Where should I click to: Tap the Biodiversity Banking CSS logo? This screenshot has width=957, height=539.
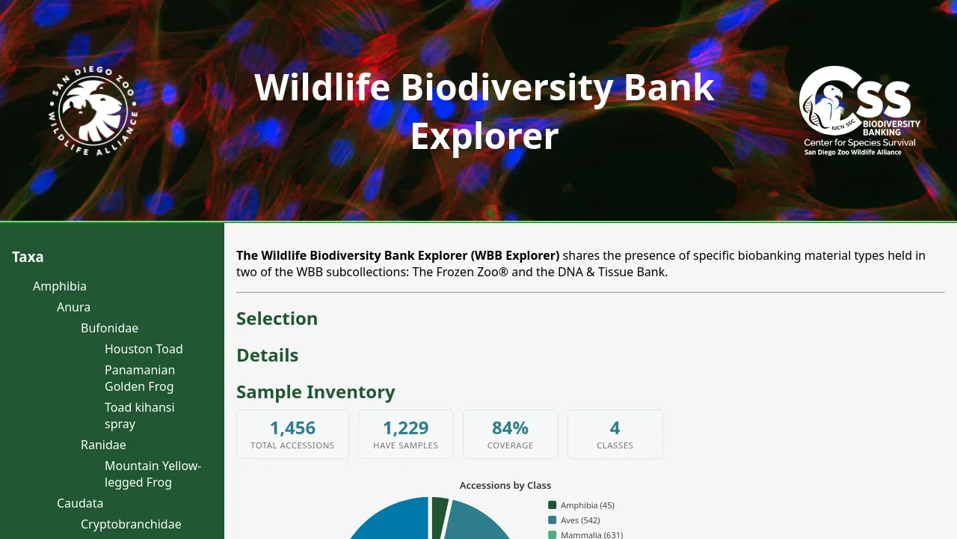point(860,111)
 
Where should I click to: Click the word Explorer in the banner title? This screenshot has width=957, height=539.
point(484,136)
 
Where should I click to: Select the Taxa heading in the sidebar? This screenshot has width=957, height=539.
point(28,257)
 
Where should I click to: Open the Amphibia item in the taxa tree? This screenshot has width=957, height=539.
point(59,286)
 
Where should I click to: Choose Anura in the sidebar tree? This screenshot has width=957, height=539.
point(73,307)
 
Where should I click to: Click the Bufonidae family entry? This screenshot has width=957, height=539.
point(109,328)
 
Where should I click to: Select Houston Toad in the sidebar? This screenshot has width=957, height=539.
point(144,349)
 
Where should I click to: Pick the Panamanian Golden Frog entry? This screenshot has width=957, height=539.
point(140,378)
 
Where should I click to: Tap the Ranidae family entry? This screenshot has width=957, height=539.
point(103,445)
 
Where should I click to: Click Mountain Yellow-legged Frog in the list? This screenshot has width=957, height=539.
point(153,474)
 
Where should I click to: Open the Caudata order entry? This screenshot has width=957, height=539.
point(80,503)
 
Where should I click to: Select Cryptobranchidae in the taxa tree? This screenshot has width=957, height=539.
point(131,524)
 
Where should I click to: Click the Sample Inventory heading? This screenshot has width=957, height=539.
point(316,392)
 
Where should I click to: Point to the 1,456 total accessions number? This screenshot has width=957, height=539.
point(292,427)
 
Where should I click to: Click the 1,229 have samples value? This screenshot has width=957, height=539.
point(406,427)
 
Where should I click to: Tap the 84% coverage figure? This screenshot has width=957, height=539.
point(510,427)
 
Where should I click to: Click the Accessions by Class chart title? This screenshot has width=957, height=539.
point(505,486)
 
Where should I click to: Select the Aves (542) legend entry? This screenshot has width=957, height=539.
point(574,520)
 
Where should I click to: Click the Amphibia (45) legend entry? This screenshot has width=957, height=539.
point(581,505)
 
